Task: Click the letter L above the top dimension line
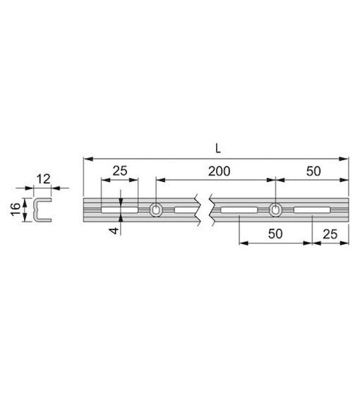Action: [218, 148]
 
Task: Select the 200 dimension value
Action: [219, 171]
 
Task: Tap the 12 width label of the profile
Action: [43, 179]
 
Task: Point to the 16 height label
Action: [15, 209]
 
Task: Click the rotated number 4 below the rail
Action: [114, 230]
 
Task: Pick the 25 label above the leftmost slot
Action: [120, 171]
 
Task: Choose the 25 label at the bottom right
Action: [330, 234]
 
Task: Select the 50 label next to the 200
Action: [314, 171]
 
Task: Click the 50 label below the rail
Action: [275, 234]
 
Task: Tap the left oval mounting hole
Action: [156, 210]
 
